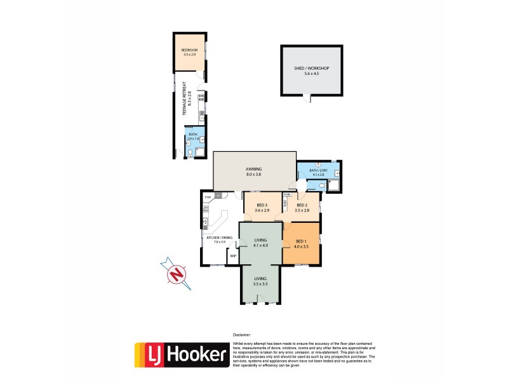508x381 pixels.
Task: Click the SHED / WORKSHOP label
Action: [311, 68]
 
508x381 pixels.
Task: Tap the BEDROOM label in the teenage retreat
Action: [189, 50]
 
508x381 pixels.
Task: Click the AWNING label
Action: [254, 169]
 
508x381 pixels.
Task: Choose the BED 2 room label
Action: [302, 204]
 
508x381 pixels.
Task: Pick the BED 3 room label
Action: [261, 204]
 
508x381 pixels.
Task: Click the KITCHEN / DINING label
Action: [220, 237]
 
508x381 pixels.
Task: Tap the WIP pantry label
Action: [233, 256]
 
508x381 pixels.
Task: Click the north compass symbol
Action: [176, 274]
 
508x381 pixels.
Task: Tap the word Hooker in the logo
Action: [197, 354]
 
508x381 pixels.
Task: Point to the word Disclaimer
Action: [242, 334]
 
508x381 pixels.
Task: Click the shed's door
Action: [309, 98]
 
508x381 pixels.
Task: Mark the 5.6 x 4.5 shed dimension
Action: [311, 74]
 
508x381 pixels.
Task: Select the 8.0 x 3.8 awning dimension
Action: [254, 174]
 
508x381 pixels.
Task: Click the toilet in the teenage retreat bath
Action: [190, 152]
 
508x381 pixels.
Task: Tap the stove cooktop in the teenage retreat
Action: [201, 98]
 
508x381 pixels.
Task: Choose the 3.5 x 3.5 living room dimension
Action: [261, 284]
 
